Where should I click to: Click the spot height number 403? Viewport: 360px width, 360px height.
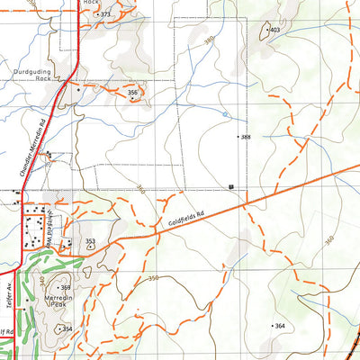[x=275, y=30]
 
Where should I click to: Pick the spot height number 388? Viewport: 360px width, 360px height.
[x=246, y=137]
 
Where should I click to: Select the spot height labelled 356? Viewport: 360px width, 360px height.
[x=133, y=92]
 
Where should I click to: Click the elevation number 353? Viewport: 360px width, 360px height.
[x=91, y=241]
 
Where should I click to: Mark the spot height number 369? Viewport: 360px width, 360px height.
[x=66, y=287]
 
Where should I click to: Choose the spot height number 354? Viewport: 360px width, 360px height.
[x=67, y=329]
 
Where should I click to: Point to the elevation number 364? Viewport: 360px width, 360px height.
[x=280, y=325]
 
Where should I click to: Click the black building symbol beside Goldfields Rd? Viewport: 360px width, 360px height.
[x=232, y=186]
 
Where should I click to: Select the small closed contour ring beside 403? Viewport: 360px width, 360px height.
[x=264, y=30]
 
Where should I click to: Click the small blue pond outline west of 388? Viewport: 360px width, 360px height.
[x=224, y=114]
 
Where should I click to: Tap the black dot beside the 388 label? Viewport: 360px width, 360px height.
[x=238, y=137]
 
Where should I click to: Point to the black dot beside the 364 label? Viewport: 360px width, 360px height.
[x=271, y=325]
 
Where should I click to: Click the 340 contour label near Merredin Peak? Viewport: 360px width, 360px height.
[x=45, y=281]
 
